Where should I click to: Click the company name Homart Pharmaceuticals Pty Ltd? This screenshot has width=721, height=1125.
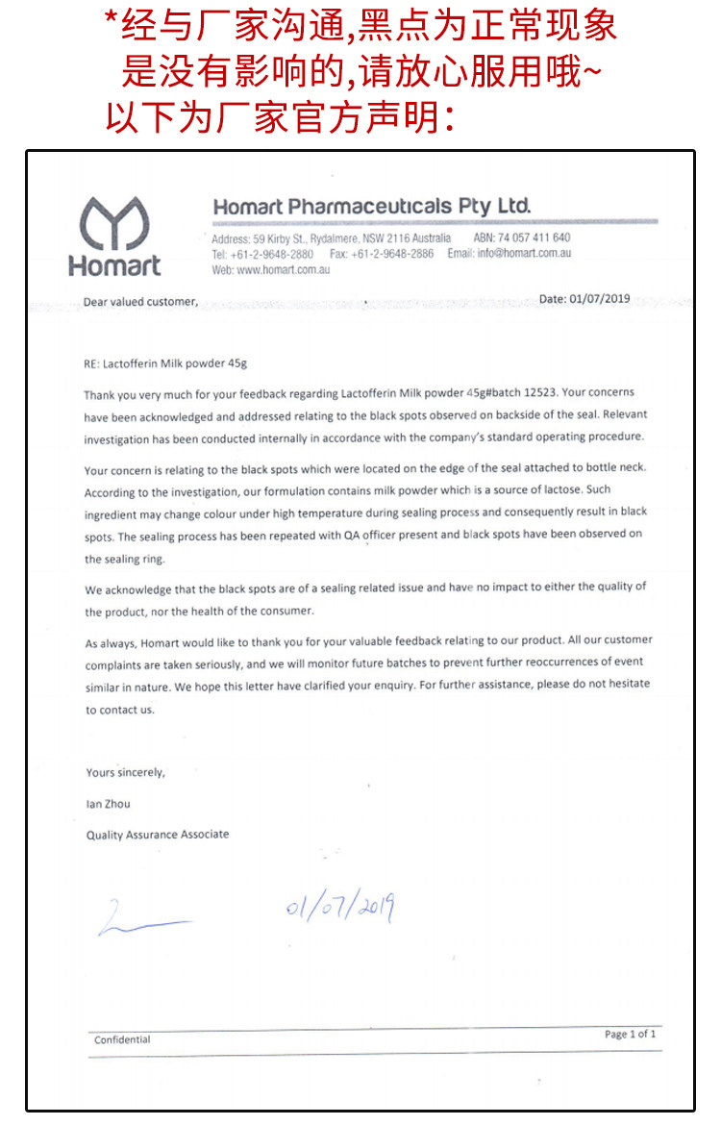click(x=371, y=207)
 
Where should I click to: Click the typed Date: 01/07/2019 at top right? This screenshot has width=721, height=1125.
click(x=584, y=299)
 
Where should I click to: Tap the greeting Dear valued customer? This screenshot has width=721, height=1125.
click(x=140, y=302)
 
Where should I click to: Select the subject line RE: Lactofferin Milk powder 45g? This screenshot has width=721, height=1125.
click(x=166, y=363)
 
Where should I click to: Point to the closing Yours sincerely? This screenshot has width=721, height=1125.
click(x=125, y=772)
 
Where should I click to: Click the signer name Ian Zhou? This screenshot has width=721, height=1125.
click(x=108, y=804)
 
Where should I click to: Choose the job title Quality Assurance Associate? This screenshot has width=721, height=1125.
click(x=158, y=835)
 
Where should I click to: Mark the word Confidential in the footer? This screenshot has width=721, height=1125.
click(x=122, y=1039)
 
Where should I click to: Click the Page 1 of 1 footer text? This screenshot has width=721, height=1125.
click(x=631, y=1034)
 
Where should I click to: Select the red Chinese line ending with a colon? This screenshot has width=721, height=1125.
click(x=279, y=118)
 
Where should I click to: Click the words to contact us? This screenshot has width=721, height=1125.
click(x=119, y=710)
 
